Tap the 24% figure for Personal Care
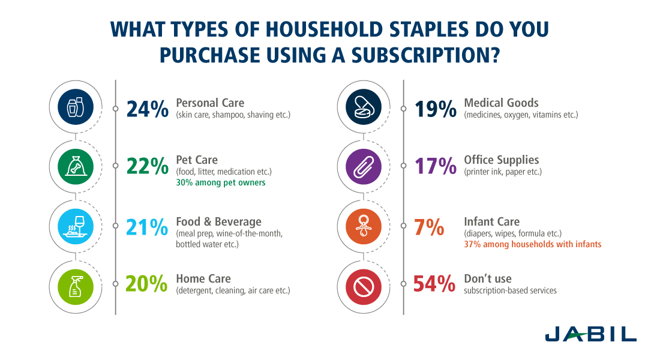tap(148, 109)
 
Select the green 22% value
tap(148, 166)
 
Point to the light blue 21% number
tap(147, 227)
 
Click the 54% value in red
tap(434, 284)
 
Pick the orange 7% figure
tap(429, 227)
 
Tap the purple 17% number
tap(436, 166)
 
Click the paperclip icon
tap(364, 167)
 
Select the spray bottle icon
tap(76, 287)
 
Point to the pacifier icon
tap(364, 227)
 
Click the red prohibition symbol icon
tap(364, 287)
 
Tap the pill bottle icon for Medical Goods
tap(364, 107)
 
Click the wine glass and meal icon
tap(76, 227)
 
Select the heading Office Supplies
tap(502, 160)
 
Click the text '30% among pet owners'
tap(221, 182)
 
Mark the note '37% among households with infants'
tap(532, 244)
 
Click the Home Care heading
tap(203, 278)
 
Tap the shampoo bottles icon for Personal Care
tap(76, 107)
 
